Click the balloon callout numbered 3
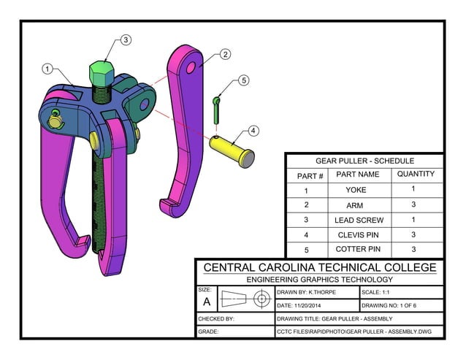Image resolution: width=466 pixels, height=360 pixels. pyautogui.click(x=126, y=40)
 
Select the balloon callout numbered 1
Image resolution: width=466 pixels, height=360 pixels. pyautogui.click(x=47, y=69)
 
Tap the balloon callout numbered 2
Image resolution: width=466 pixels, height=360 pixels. pyautogui.click(x=225, y=54)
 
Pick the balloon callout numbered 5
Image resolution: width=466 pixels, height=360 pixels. pyautogui.click(x=243, y=80)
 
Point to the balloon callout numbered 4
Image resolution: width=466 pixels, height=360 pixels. pyautogui.click(x=253, y=131)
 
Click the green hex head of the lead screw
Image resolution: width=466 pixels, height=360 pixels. pyautogui.click(x=102, y=72)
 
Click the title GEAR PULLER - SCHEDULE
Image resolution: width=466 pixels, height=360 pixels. pyautogui.click(x=364, y=161)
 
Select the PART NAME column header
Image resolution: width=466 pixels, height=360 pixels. pyautogui.click(x=357, y=175)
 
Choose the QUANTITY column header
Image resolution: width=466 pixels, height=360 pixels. pyautogui.click(x=415, y=175)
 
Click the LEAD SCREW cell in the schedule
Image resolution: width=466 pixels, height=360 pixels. pyautogui.click(x=357, y=220)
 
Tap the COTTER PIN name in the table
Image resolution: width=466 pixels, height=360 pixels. pyautogui.click(x=357, y=249)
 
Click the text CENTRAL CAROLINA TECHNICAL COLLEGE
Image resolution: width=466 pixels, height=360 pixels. pyautogui.click(x=319, y=267)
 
